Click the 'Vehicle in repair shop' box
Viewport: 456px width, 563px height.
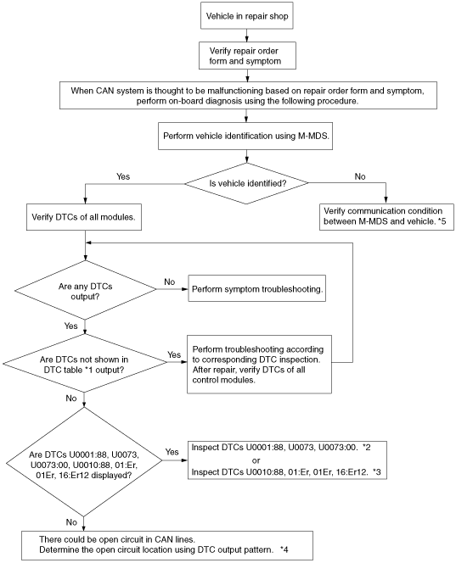[x=247, y=16]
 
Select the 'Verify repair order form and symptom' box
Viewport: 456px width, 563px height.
[x=247, y=56]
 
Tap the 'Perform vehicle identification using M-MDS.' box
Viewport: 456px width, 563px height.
[x=245, y=136]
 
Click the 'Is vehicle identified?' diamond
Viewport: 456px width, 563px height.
[x=247, y=183]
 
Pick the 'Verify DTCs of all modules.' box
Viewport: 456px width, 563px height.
[x=84, y=217]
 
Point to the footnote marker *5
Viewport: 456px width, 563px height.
[x=442, y=221]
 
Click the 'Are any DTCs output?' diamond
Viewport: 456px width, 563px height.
[x=85, y=290]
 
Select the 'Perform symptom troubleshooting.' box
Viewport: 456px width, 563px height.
[x=256, y=288]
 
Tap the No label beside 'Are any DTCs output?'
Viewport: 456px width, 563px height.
[x=169, y=281]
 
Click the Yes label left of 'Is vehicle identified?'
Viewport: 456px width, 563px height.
[x=123, y=176]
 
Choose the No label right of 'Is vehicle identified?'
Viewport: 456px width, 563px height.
[x=360, y=176]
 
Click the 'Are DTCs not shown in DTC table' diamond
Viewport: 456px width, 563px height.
[x=85, y=364]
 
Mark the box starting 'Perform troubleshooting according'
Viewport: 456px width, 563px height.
[x=259, y=365]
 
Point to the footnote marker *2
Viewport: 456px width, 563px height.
[x=367, y=448]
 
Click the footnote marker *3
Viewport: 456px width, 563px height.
[x=376, y=471]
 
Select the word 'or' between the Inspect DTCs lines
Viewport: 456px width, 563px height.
[x=256, y=460]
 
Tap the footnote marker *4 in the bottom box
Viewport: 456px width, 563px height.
[x=284, y=549]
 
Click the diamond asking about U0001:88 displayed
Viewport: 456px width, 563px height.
[x=84, y=462]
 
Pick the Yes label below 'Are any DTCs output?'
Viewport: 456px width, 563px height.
[x=70, y=326]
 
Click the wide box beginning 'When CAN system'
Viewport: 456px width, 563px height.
[x=248, y=96]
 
